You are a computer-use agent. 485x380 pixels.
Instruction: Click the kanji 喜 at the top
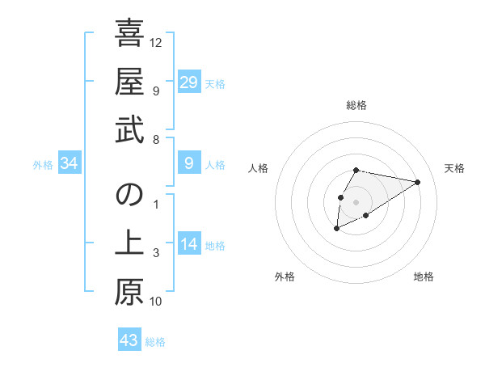pyautogui.click(x=129, y=34)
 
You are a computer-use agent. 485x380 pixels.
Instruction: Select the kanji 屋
pyautogui.click(x=129, y=81)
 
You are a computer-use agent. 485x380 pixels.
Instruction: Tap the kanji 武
pyautogui.click(x=129, y=129)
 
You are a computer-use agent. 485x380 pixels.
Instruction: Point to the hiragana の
pyautogui.click(x=129, y=195)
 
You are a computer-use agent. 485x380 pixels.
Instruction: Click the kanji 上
pyautogui.click(x=129, y=243)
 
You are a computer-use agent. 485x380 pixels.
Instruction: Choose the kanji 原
pyautogui.click(x=129, y=292)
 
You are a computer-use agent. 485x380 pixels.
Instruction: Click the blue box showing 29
pyautogui.click(x=189, y=82)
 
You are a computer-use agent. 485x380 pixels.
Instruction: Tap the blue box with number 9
pyautogui.click(x=189, y=164)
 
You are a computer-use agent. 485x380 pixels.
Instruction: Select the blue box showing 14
pyautogui.click(x=189, y=245)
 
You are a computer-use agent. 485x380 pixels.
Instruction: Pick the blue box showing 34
pyautogui.click(x=70, y=164)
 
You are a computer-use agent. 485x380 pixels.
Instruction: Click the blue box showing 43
pyautogui.click(x=129, y=340)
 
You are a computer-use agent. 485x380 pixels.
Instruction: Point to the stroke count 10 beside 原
pyautogui.click(x=156, y=302)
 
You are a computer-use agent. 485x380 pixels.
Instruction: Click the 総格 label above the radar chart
pyautogui.click(x=356, y=105)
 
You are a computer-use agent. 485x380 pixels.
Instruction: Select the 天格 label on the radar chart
pyautogui.click(x=455, y=168)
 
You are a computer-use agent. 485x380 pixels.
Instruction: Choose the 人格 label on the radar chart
pyautogui.click(x=259, y=168)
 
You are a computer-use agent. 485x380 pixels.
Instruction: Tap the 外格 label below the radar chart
pyautogui.click(x=285, y=277)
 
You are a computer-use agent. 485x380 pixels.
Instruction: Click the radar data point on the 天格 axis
pyautogui.click(x=418, y=181)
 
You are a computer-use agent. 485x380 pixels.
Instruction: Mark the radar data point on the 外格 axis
pyautogui.click(x=336, y=229)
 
